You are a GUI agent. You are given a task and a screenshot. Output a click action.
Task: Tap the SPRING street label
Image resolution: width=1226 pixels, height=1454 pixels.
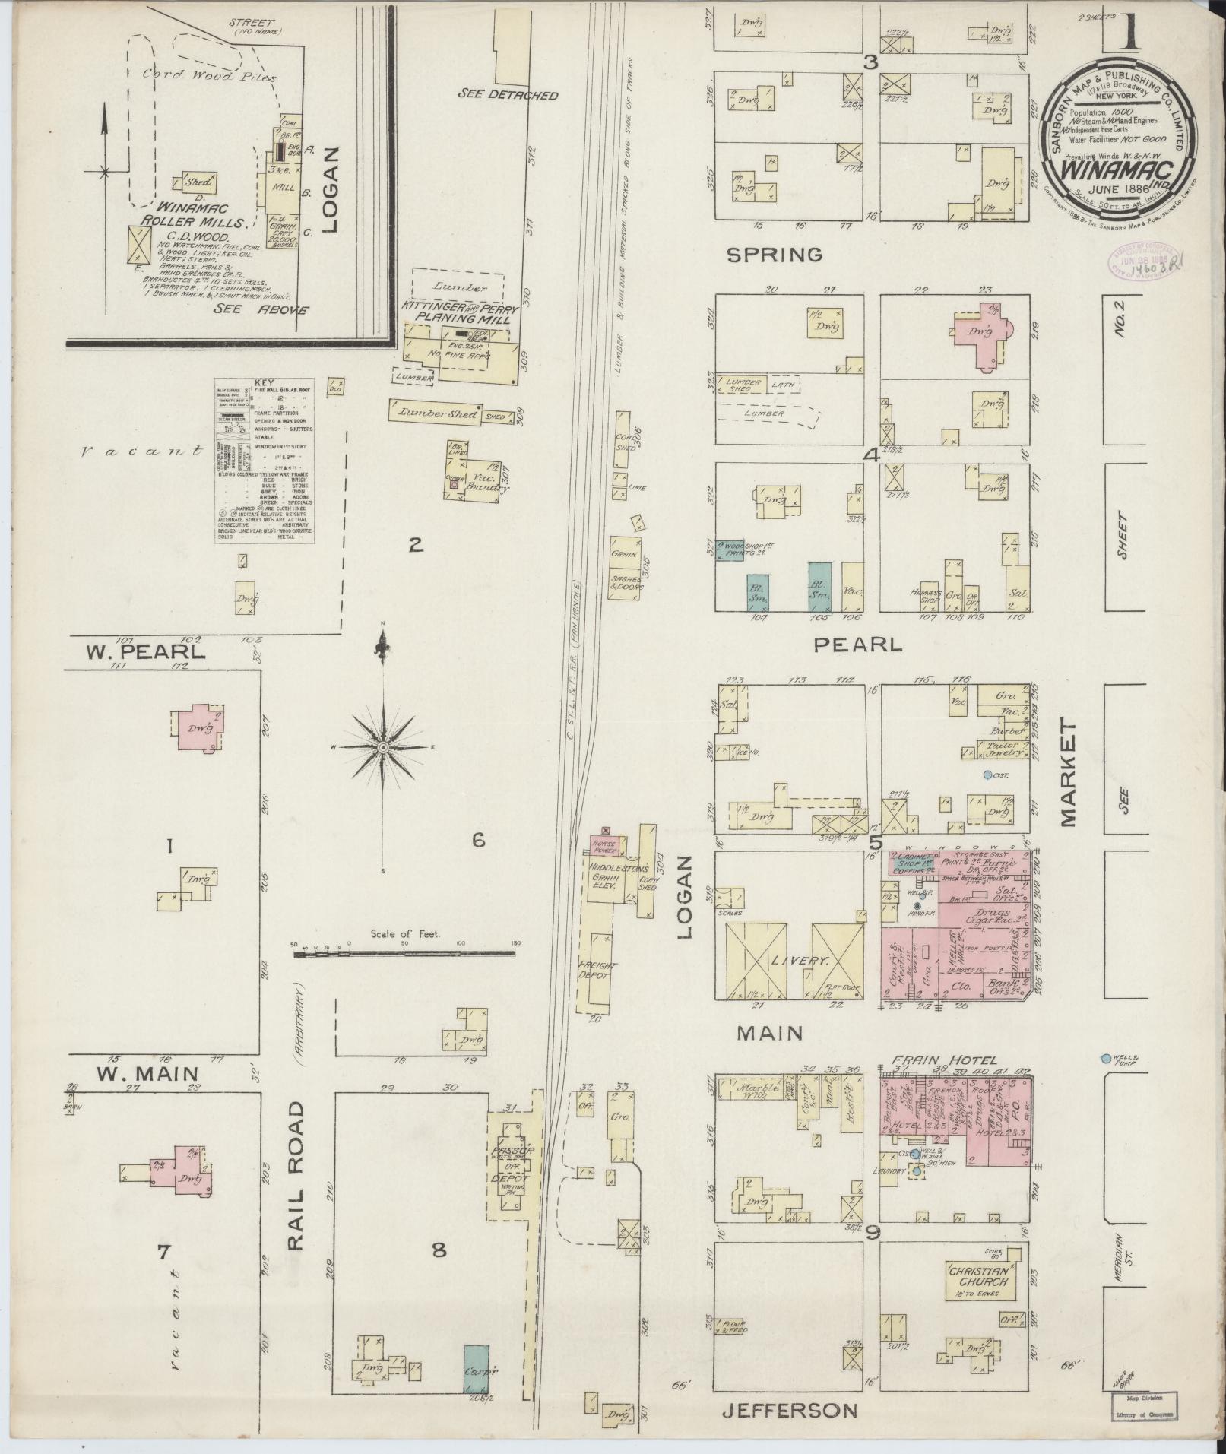pyautogui.click(x=775, y=255)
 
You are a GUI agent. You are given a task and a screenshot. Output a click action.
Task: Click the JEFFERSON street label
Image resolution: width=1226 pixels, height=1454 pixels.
pyautogui.click(x=789, y=1411)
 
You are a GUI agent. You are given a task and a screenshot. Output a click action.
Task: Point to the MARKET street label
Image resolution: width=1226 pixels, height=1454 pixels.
pyautogui.click(x=1069, y=775)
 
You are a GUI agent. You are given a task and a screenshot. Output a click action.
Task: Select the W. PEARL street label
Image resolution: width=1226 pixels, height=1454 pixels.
pyautogui.click(x=144, y=651)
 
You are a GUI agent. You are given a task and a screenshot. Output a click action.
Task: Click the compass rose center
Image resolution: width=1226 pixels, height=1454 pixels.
pyautogui.click(x=384, y=748)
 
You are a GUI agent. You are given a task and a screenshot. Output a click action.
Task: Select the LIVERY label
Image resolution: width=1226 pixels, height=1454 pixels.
pyautogui.click(x=795, y=961)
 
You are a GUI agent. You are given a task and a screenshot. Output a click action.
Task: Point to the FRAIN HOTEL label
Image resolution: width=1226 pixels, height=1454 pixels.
pyautogui.click(x=945, y=1060)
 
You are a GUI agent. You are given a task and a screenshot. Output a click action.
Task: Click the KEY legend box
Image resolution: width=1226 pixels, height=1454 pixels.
pyautogui.click(x=265, y=459)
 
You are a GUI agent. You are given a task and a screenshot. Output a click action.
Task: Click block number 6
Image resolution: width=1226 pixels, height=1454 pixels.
pyautogui.click(x=478, y=840)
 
